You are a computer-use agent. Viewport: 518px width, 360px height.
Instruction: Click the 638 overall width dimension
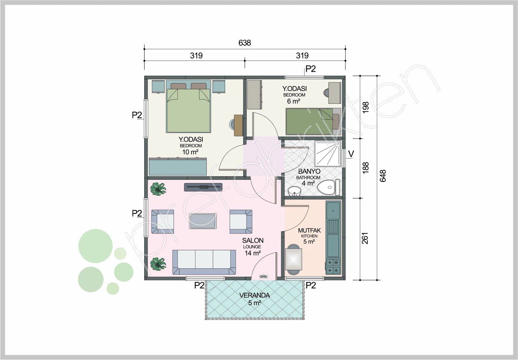coord(245,43)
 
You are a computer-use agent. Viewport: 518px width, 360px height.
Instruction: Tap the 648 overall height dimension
coord(383,176)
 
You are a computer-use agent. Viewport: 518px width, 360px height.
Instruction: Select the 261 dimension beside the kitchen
coord(365,238)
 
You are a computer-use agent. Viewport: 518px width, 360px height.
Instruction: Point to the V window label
coord(351,154)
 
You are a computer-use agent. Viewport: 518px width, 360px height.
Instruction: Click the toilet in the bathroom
coord(329,187)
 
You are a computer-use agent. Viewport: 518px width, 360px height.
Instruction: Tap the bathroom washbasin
coord(294,191)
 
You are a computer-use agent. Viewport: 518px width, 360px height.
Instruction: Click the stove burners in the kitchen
coord(333,267)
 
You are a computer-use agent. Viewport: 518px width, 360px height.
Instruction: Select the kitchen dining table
coord(294,259)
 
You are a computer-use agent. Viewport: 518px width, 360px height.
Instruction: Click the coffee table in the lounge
coord(203,221)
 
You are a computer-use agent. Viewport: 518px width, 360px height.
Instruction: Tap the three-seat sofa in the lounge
coord(204,262)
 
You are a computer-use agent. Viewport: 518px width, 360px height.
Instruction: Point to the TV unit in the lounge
coord(203,187)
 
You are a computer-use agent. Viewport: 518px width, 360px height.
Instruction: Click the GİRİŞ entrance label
coord(263,277)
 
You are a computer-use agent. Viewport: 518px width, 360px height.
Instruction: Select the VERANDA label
coord(254,296)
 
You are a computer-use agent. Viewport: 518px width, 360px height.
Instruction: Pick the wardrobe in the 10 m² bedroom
coord(177,167)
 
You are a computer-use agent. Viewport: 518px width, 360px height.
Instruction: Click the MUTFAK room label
coord(309,231)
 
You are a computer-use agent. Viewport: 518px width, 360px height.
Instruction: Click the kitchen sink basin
coord(333,210)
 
